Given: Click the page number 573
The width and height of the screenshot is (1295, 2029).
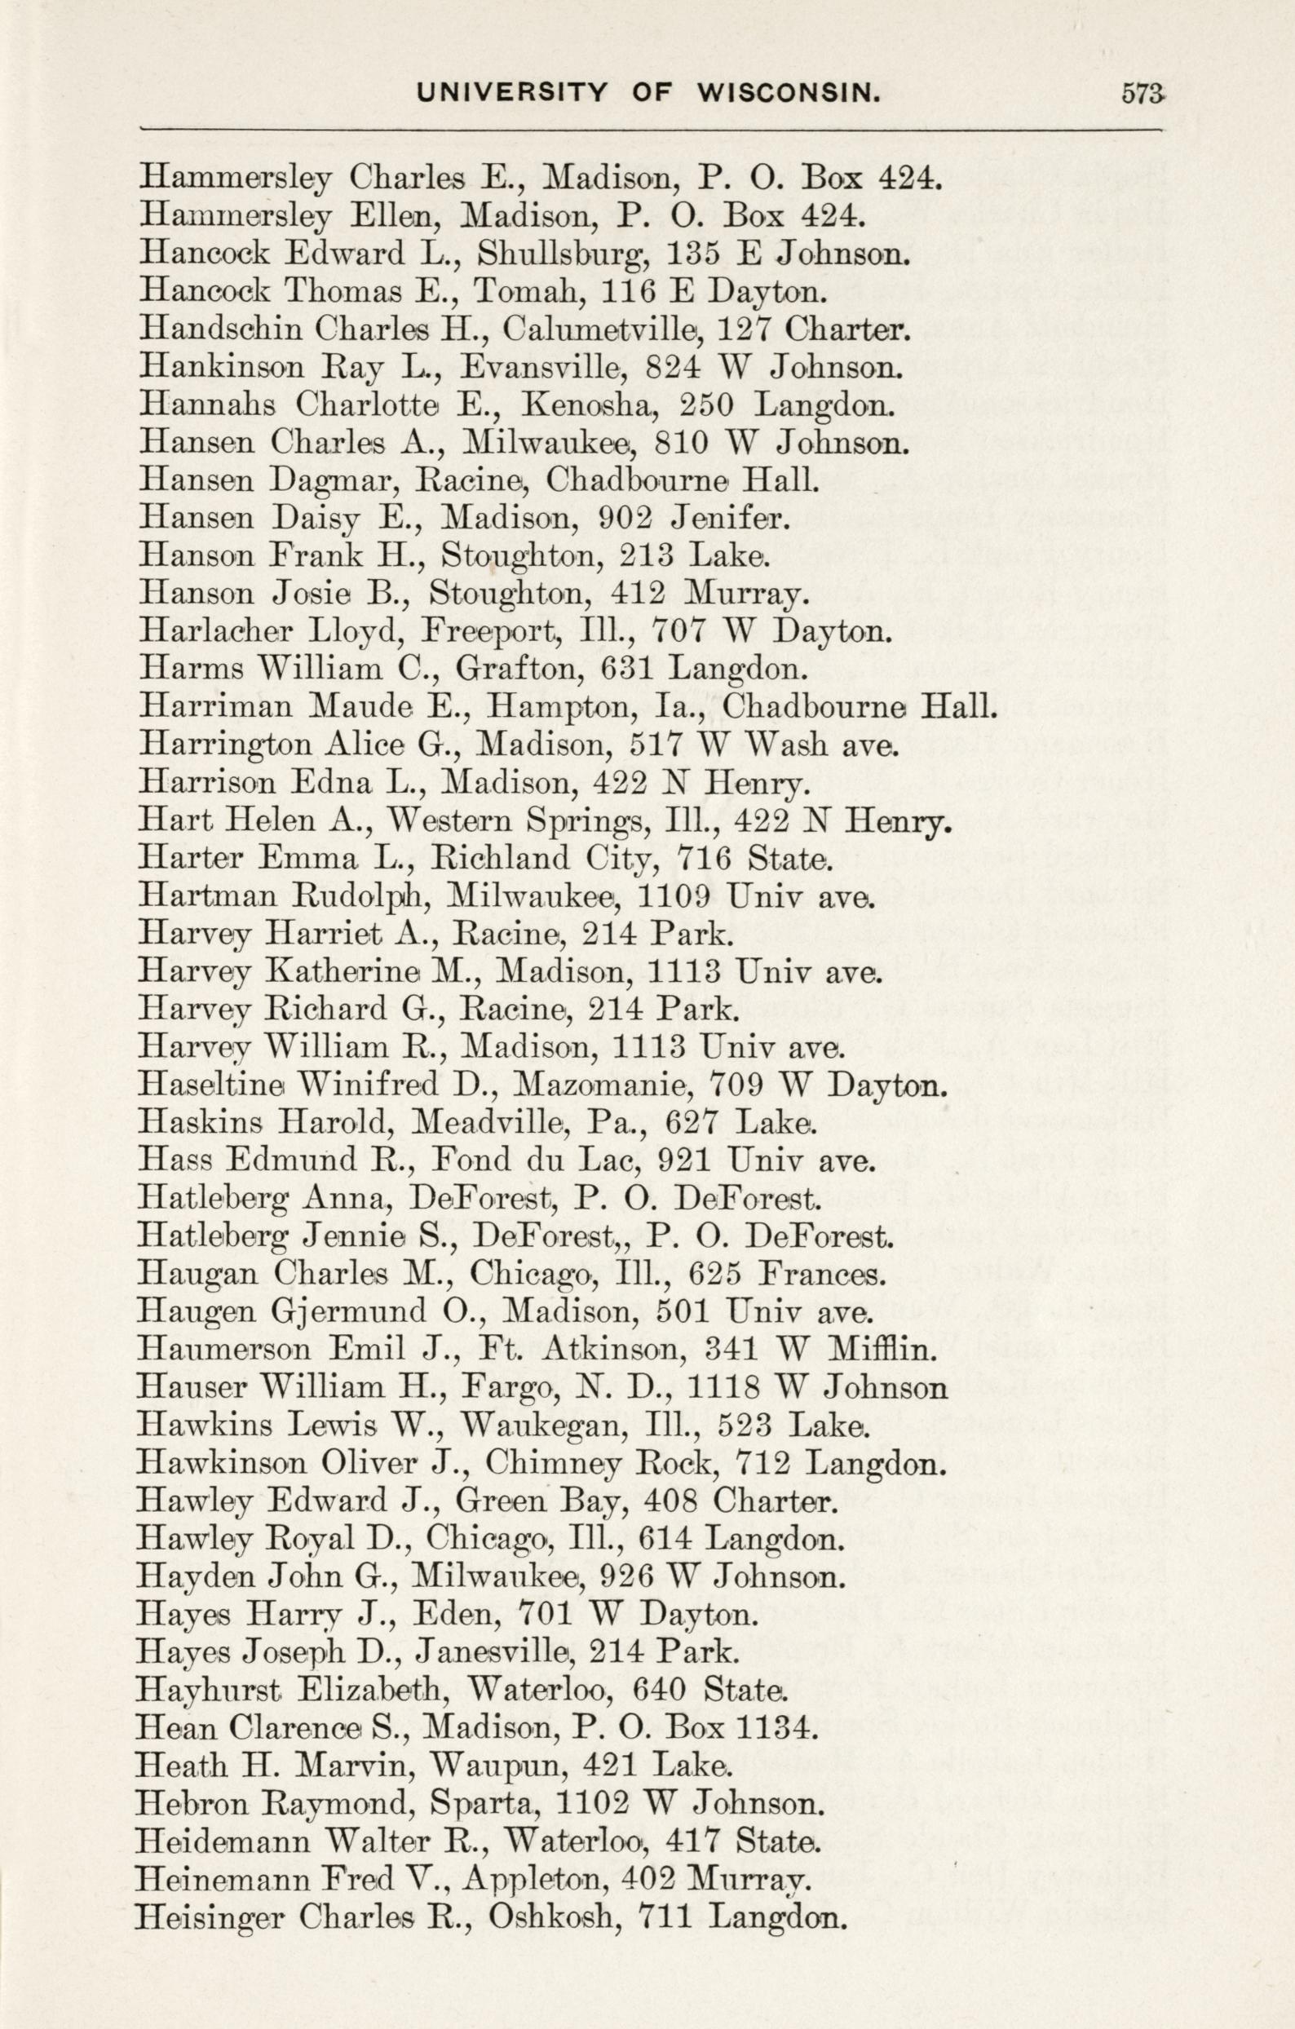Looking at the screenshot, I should [1143, 94].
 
